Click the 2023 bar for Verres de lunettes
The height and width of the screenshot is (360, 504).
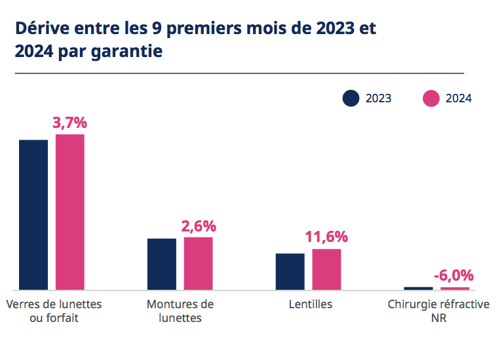(x=33, y=214)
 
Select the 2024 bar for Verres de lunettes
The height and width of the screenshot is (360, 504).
(x=70, y=212)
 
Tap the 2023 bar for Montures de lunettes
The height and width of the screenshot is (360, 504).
(x=162, y=264)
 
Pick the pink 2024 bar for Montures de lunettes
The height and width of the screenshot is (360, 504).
(x=198, y=263)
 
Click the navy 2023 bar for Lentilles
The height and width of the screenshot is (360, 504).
(x=290, y=271)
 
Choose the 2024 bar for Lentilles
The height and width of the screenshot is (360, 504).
(x=326, y=269)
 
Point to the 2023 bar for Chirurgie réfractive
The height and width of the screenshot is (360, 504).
(x=418, y=288)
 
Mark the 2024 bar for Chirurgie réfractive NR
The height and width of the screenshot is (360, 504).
(x=455, y=288)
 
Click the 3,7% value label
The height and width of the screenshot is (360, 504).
(x=69, y=123)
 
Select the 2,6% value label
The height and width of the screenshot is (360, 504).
(x=198, y=226)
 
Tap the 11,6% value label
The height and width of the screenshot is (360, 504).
(x=326, y=237)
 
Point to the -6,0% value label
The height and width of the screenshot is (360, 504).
(x=454, y=275)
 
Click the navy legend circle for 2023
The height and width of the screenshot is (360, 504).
(x=351, y=98)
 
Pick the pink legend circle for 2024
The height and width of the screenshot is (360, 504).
(x=431, y=98)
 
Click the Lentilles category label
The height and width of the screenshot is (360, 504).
(x=310, y=304)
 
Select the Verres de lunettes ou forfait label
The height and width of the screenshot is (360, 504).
(x=54, y=311)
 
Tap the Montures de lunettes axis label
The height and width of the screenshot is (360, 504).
(x=180, y=311)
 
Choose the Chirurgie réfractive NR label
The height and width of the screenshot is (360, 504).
(x=438, y=311)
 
